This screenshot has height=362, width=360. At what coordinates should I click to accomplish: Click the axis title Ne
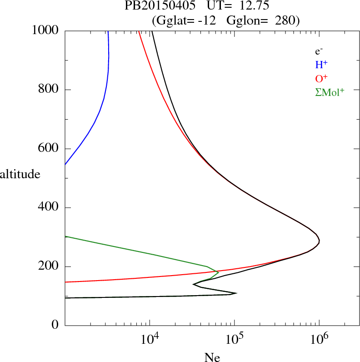(x=212, y=357)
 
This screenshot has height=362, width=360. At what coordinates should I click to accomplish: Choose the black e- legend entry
(x=319, y=52)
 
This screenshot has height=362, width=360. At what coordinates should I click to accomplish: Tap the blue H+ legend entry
(x=321, y=65)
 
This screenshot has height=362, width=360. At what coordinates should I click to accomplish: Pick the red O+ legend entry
(x=321, y=78)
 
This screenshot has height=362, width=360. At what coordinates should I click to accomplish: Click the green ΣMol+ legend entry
(x=330, y=92)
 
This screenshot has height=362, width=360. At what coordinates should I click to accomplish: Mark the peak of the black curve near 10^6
(x=320, y=241)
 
